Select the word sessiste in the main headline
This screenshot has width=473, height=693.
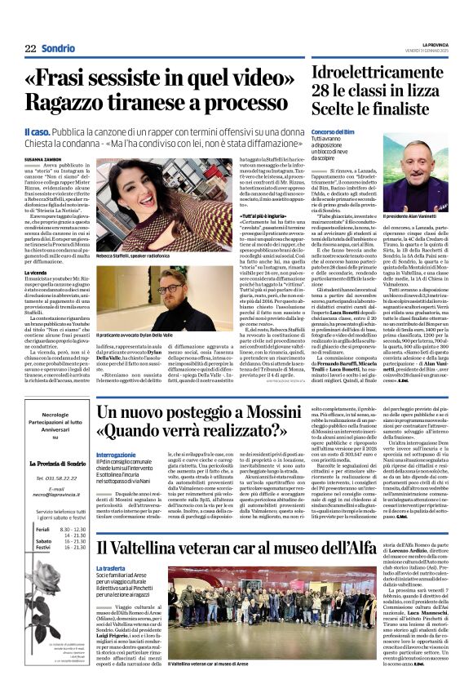[165, 79]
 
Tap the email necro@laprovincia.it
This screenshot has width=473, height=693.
[50, 495]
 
